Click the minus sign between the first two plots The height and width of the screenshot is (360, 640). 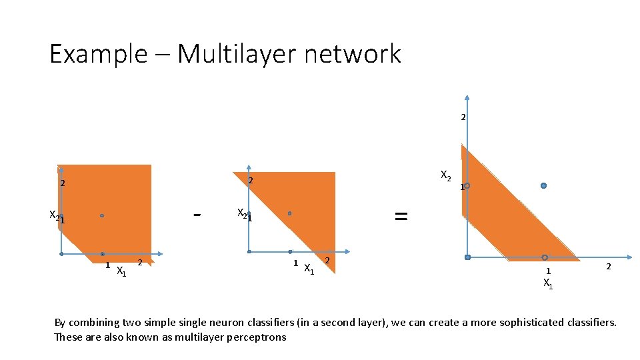pos(197,215)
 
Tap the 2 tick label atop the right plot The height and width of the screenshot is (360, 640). pos(463,117)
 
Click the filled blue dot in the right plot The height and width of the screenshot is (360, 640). pos(544,185)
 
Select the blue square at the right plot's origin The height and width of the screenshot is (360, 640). pos(467,257)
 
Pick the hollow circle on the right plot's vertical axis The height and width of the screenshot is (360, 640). pos(467,185)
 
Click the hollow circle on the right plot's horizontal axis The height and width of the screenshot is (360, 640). pos(545,257)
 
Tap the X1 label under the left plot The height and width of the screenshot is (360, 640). pos(121,271)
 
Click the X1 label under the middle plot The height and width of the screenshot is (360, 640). pos(309,269)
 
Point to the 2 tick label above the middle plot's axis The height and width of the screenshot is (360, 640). pos(250,181)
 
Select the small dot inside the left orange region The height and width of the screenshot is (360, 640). pos(102,215)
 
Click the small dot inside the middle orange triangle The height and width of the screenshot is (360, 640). pos(290,213)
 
